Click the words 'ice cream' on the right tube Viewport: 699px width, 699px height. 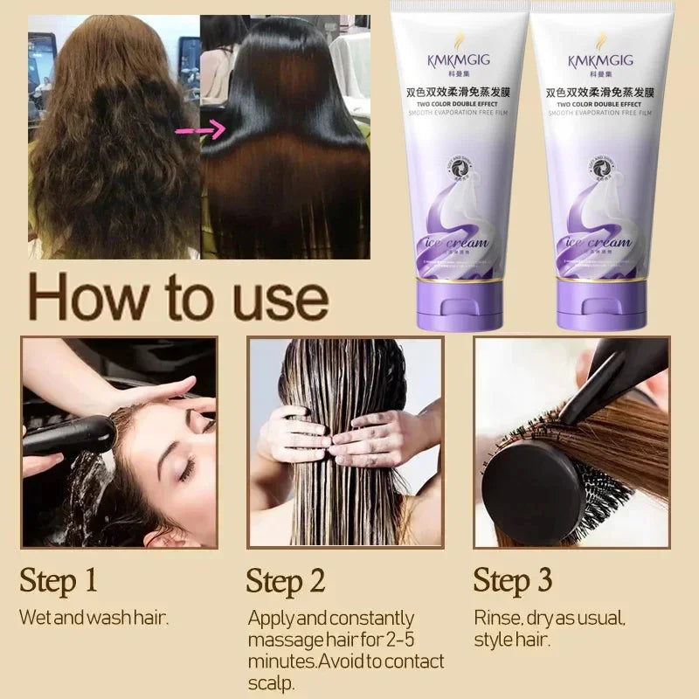click(598, 242)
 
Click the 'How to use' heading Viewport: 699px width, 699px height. click(178, 297)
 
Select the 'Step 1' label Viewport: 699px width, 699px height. click(59, 580)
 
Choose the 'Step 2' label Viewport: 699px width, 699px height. click(286, 581)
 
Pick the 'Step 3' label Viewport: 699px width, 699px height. click(513, 580)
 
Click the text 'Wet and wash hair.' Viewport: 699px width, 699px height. click(93, 618)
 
